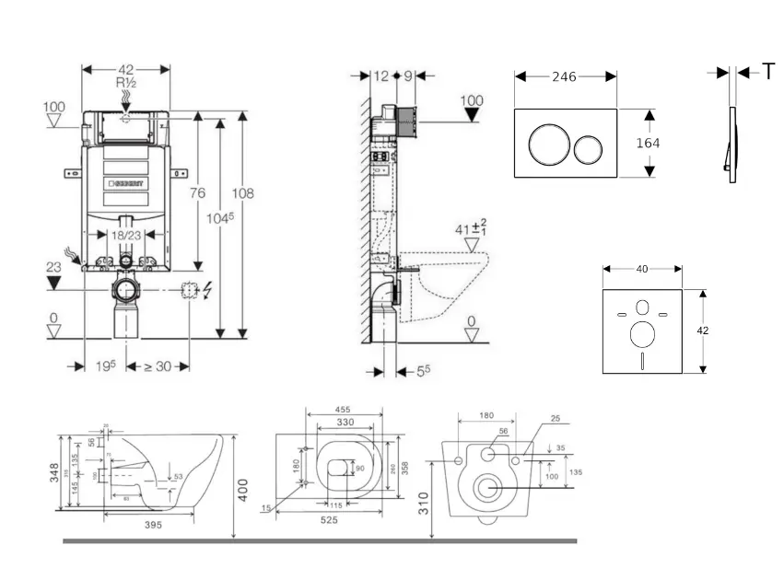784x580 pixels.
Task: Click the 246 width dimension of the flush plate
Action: (564, 77)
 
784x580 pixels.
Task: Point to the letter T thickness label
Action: (768, 72)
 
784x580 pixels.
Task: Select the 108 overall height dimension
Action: (242, 193)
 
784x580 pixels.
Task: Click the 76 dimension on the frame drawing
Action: (196, 192)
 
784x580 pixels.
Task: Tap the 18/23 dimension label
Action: (126, 237)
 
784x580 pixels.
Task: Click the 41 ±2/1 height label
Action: (470, 228)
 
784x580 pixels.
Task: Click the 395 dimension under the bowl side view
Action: (153, 525)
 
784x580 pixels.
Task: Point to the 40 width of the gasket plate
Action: (641, 269)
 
